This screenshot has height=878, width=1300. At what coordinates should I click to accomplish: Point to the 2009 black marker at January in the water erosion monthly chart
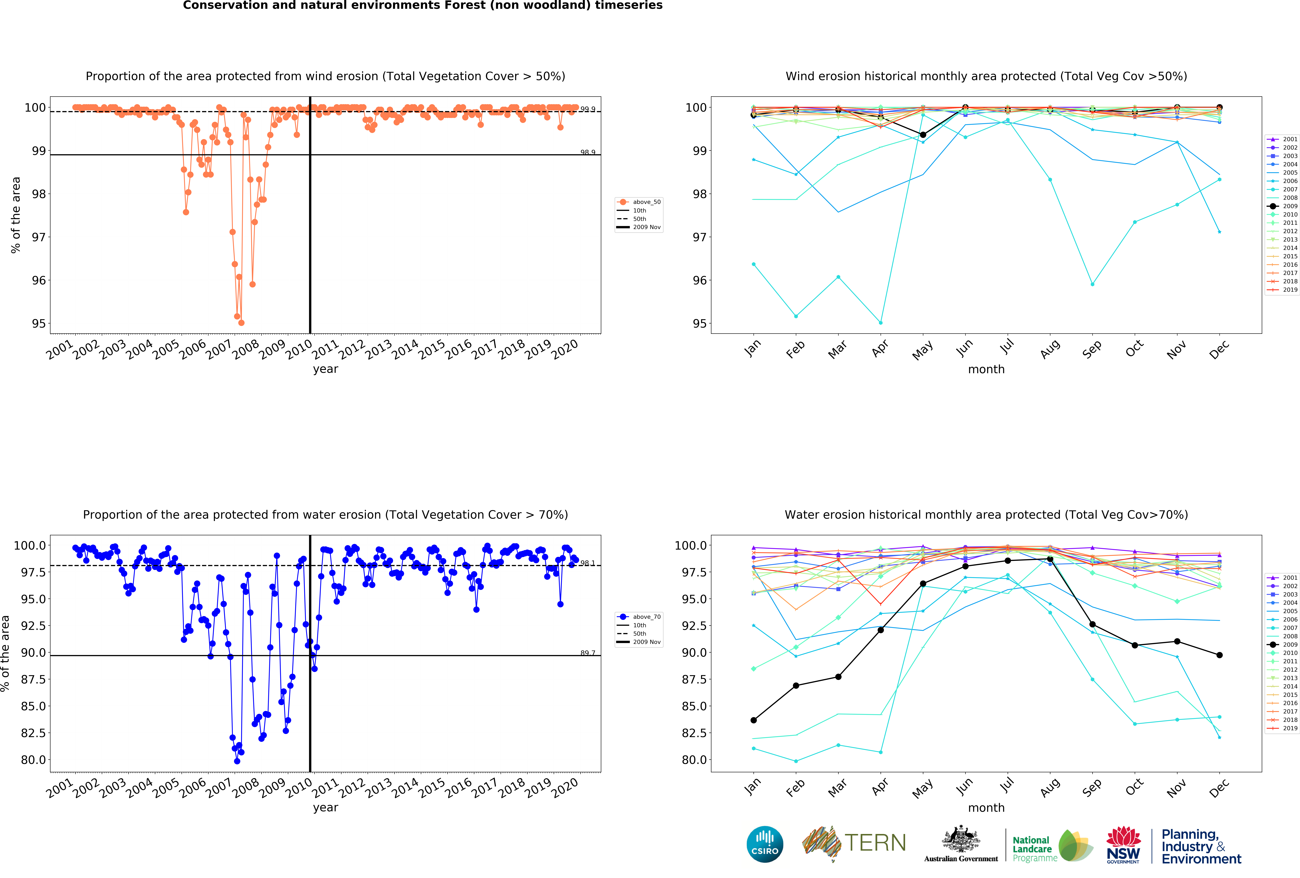coord(753,720)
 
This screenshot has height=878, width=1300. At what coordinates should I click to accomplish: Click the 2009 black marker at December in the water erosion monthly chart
coord(1219,655)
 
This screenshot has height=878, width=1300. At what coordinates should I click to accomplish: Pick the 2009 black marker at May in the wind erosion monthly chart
coord(923,135)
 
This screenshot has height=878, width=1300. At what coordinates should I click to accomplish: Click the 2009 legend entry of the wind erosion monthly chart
coord(1285,206)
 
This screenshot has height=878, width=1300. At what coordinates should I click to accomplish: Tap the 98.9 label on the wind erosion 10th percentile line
coord(587,152)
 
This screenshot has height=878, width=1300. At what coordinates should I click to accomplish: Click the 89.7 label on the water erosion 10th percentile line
coord(587,653)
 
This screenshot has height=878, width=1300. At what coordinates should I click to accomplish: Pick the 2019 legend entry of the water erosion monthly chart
coord(1285,728)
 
